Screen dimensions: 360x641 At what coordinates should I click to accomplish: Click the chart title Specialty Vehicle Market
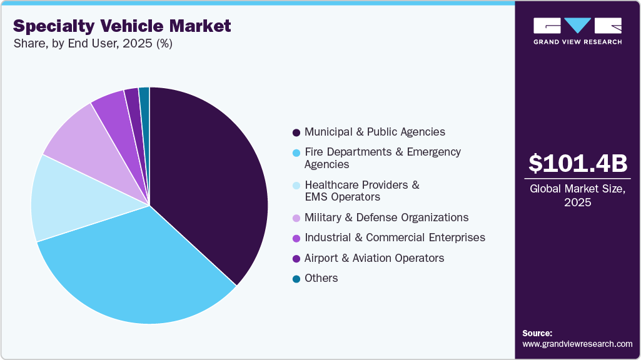122,26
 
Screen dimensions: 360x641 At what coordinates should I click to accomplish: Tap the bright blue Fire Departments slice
138,269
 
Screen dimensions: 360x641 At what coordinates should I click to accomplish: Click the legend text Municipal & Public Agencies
375,132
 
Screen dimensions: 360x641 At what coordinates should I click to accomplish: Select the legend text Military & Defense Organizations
386,217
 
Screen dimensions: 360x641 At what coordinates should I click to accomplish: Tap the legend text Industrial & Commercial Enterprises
395,237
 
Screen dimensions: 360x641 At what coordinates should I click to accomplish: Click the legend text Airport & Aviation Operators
374,258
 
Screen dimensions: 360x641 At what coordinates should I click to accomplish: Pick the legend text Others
321,278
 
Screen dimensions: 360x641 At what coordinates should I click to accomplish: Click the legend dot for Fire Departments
296,152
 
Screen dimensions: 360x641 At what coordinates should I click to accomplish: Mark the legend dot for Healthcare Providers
296,186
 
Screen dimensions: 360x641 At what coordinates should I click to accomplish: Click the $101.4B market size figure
577,163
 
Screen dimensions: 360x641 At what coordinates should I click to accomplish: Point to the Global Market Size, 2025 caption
577,196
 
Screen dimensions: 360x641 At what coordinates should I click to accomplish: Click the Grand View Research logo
577,31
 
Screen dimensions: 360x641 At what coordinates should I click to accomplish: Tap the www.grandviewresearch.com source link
577,344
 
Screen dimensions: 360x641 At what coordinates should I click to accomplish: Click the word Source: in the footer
537,333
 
